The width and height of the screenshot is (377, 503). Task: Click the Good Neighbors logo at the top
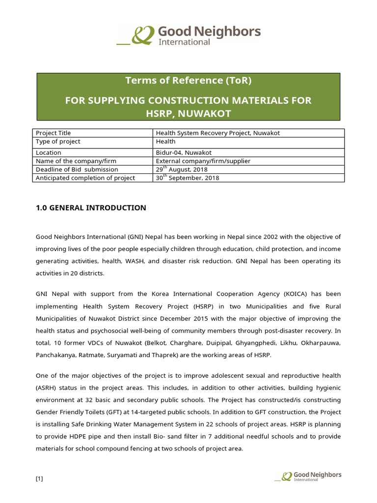[188, 35]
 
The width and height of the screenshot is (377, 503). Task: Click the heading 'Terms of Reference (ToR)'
[188, 81]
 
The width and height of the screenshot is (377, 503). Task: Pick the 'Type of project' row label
[58, 141]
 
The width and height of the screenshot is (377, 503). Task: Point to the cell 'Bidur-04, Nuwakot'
[184, 153]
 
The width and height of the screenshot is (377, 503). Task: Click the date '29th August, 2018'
[182, 169]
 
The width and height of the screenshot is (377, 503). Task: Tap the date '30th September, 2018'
[187, 178]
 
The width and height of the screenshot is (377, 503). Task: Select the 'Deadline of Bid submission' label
[77, 169]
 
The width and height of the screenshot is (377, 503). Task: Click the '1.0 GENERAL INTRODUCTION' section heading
[91, 208]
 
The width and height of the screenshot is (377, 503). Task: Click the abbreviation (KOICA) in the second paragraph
[295, 294]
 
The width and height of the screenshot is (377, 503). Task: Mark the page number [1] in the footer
[39, 479]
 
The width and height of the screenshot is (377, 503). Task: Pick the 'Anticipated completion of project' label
[85, 178]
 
